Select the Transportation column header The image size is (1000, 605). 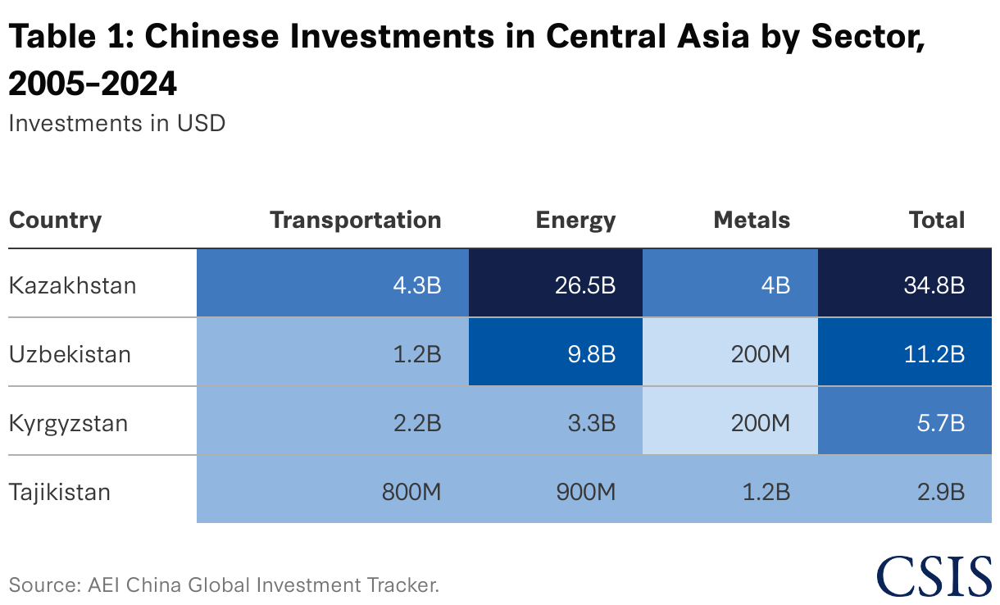pyautogui.click(x=355, y=220)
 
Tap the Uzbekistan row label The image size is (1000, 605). pyautogui.click(x=70, y=354)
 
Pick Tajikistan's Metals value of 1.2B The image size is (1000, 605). pyautogui.click(x=730, y=492)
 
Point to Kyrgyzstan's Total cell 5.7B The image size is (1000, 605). pyautogui.click(x=905, y=423)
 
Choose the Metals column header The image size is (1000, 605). pyautogui.click(x=751, y=220)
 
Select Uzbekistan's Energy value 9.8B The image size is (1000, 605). pyautogui.click(x=556, y=354)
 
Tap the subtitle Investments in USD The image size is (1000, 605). pyautogui.click(x=116, y=123)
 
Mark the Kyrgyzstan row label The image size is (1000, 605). pyautogui.click(x=68, y=423)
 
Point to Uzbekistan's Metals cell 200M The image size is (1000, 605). pyautogui.click(x=730, y=354)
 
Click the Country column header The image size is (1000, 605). pyautogui.click(x=55, y=220)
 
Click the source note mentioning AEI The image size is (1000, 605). pyautogui.click(x=224, y=585)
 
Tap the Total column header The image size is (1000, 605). pyautogui.click(x=936, y=220)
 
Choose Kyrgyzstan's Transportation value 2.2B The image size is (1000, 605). pyautogui.click(x=333, y=423)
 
